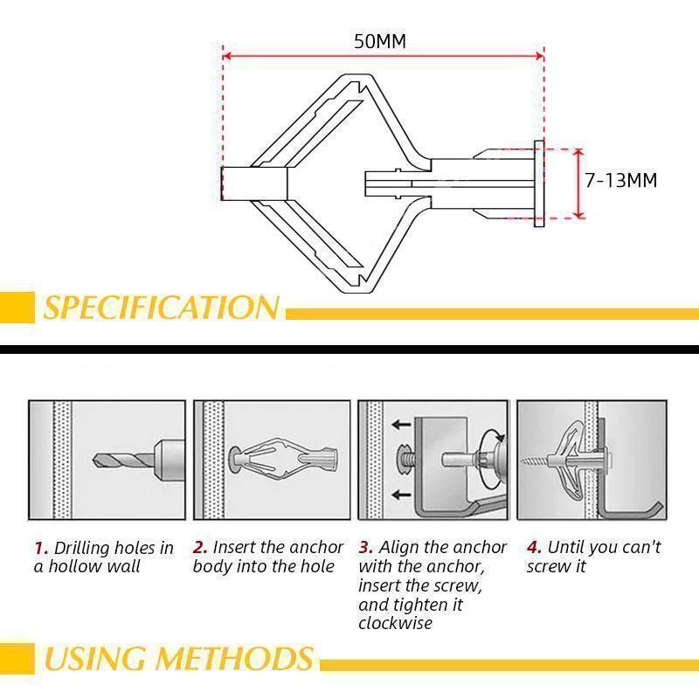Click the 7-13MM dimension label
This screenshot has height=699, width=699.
click(620, 181)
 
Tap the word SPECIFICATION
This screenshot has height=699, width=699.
click(162, 308)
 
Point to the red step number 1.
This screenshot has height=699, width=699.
click(40, 549)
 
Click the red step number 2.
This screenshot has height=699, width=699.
click(200, 548)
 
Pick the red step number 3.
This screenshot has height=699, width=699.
click(365, 548)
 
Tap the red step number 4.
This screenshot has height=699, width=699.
click(533, 548)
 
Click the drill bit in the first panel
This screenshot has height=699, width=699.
click(118, 458)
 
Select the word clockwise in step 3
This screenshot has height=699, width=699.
click(395, 624)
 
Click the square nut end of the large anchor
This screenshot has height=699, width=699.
click(253, 183)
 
